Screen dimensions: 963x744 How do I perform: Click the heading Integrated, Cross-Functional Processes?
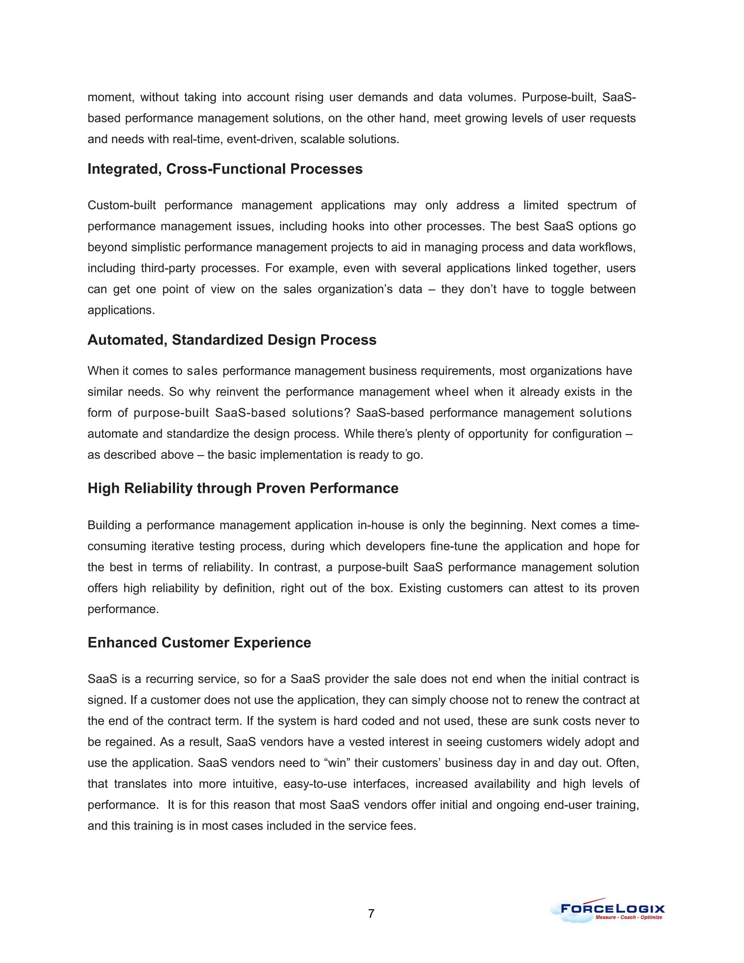[225, 169]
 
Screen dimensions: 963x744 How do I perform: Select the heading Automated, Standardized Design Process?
[232, 340]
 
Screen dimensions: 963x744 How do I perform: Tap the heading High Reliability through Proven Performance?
[243, 488]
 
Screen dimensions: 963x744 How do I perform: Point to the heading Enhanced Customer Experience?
[199, 642]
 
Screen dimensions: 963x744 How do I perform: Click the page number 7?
[371, 914]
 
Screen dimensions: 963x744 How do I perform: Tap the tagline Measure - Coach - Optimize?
[628, 918]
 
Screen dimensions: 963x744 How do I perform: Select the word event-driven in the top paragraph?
[263, 139]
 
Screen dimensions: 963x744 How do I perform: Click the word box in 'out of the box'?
[381, 588]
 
